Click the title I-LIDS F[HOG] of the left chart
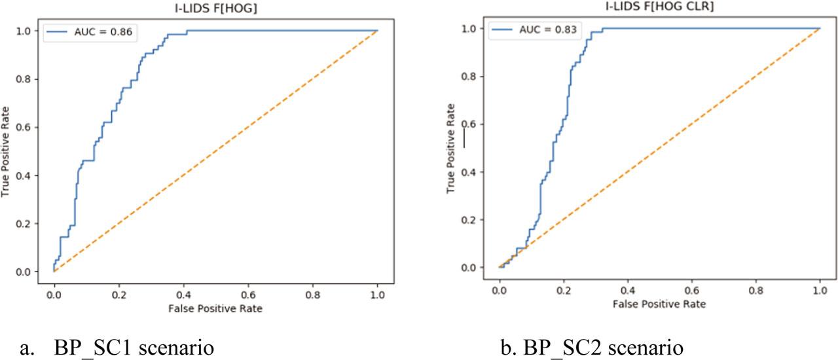click(215, 7)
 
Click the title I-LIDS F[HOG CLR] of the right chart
click(659, 7)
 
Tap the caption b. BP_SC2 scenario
click(593, 347)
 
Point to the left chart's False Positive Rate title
click(215, 308)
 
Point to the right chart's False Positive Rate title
click(659, 304)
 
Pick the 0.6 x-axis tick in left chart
click(248, 295)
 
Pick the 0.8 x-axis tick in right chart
click(756, 290)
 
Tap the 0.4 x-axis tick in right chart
click(627, 290)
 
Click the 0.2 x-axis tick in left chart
click(118, 295)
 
